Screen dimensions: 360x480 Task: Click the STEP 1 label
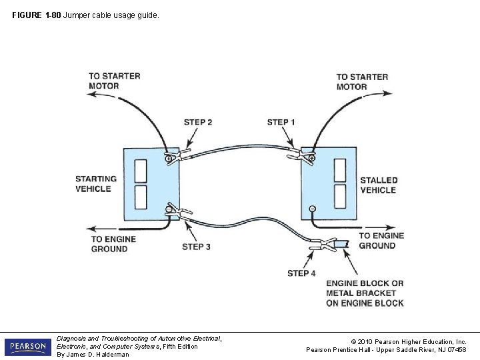tap(281, 122)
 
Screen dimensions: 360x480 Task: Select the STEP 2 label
tap(198, 122)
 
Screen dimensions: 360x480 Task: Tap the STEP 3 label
tap(197, 247)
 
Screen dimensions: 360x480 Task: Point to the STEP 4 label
tap(301, 273)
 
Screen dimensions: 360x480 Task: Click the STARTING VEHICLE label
tap(95, 184)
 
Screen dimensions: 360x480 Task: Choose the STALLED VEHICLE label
tap(379, 185)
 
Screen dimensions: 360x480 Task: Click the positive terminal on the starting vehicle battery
tap(169, 157)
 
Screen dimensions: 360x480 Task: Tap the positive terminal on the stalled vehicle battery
tap(311, 157)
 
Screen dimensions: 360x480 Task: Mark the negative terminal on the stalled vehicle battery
tap(311, 209)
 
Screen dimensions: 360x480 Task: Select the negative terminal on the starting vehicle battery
tap(169, 210)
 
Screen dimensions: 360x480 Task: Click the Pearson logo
tap(27, 347)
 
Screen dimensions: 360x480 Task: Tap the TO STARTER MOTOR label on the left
tap(114, 81)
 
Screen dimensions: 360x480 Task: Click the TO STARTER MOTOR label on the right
tap(362, 82)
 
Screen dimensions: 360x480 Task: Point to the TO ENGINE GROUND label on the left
tap(113, 244)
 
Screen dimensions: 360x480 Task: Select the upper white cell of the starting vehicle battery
tap(141, 171)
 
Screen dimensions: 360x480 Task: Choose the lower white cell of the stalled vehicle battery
tap(340, 196)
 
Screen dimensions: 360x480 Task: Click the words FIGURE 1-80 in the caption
tap(36, 15)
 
